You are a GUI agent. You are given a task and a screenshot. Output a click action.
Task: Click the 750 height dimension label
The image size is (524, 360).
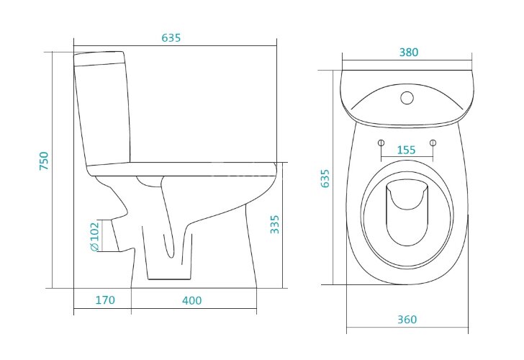pyautogui.click(x=44, y=161)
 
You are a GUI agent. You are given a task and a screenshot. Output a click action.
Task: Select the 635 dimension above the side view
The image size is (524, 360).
pyautogui.click(x=171, y=37)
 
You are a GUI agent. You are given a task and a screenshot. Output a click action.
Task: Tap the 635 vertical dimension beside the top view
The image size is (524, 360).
pyautogui.click(x=325, y=179)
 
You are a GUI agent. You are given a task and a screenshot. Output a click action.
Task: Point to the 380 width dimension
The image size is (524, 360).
pyautogui.click(x=409, y=53)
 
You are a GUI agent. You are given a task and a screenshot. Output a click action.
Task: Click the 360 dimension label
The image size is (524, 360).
pyautogui.click(x=407, y=320)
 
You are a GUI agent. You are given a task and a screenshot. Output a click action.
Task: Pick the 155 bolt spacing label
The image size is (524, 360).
pyautogui.click(x=407, y=150)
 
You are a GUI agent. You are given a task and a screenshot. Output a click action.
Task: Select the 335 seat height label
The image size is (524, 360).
pyautogui.click(x=275, y=225)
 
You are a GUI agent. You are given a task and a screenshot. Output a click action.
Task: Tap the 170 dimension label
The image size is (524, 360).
pyautogui.click(x=105, y=300)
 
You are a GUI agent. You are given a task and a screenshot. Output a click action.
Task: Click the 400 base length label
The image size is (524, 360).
pyautogui.click(x=191, y=300)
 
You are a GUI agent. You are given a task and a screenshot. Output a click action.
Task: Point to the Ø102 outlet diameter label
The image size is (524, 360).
pyautogui.click(x=95, y=236)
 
